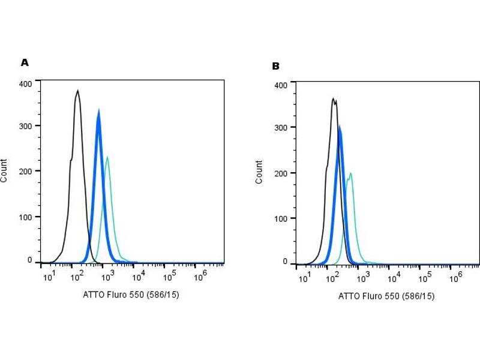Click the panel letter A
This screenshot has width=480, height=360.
tap(25, 62)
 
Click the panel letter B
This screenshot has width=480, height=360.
tap(275, 66)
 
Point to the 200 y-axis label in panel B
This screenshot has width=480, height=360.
tap(281, 173)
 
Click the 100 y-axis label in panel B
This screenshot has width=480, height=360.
tap(281, 218)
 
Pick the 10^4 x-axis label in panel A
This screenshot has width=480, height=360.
tap(138, 275)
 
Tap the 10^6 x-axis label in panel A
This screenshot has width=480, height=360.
tap(200, 275)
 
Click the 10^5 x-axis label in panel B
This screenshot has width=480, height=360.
tap(425, 278)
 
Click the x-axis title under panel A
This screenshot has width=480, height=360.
tap(130, 295)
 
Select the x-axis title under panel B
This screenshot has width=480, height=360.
tap(386, 296)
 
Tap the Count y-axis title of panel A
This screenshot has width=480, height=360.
tap(5, 171)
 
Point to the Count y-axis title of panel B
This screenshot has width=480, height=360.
tap(259, 172)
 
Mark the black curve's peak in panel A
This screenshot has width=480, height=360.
tap(77, 91)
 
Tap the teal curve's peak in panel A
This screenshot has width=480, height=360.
tap(107, 157)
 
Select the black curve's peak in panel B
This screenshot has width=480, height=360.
tap(333, 98)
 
